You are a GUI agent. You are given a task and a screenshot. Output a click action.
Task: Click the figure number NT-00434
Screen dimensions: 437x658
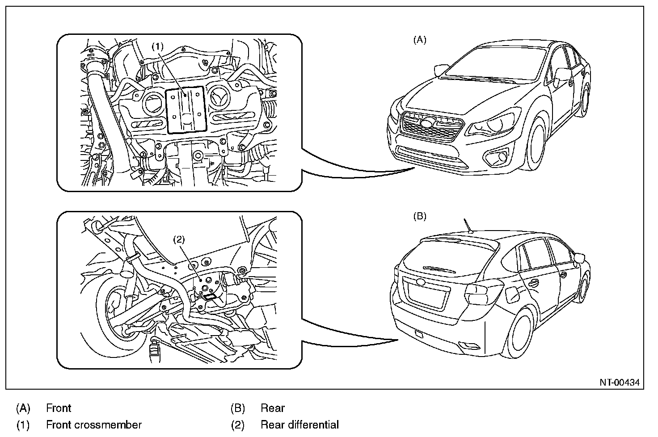point(620,382)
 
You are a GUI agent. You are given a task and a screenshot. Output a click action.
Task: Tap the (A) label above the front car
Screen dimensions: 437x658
point(419,40)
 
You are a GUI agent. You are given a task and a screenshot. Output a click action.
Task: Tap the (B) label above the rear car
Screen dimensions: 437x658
point(419,216)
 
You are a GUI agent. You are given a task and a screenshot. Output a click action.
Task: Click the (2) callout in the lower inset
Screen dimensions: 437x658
point(178,239)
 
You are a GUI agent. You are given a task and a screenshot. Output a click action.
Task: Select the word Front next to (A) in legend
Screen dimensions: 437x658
point(59,408)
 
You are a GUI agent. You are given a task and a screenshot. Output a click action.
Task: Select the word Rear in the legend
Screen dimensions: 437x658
point(273,408)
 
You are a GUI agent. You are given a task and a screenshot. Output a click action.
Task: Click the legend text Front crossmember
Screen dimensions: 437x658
point(94,424)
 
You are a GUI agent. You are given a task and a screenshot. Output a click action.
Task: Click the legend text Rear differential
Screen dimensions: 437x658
point(299,424)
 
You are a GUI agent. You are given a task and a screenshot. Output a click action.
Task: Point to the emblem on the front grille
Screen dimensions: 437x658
point(428,123)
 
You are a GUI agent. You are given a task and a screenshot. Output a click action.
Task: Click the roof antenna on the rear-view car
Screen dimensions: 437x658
point(467,226)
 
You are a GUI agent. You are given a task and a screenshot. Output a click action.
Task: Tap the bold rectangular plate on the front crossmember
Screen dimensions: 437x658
point(186,109)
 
